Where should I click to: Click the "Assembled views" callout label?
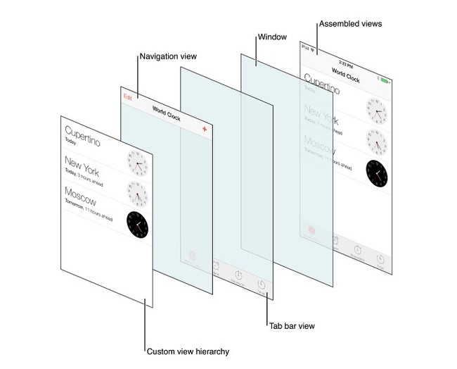[x=351, y=23]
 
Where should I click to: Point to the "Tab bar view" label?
[x=291, y=325]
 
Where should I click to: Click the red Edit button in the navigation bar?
[x=127, y=96]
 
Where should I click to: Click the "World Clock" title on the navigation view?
[x=166, y=114]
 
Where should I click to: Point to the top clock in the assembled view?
[x=376, y=111]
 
